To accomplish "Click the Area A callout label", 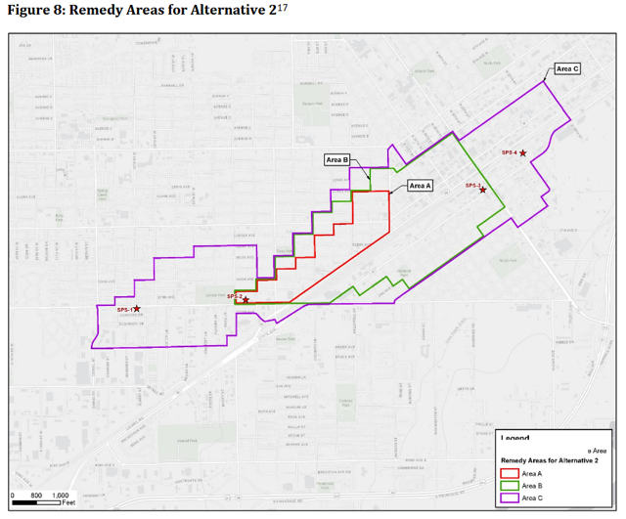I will point(420,185).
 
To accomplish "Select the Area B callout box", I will point(337,158).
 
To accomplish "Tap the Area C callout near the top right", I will point(568,68).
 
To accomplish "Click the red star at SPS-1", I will point(137,309).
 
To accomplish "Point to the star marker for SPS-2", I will point(246,299).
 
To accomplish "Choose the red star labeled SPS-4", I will point(523,153).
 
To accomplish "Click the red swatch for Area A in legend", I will point(510,473).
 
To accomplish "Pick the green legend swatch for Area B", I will point(510,486).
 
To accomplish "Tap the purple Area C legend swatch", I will point(510,498).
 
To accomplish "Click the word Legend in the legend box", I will point(515,439).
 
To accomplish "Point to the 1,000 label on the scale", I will point(62,495).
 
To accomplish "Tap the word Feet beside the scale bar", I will point(68,503).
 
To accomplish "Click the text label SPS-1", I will point(124,310).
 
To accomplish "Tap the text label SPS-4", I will point(509,152).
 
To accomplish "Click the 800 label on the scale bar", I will point(35,495).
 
